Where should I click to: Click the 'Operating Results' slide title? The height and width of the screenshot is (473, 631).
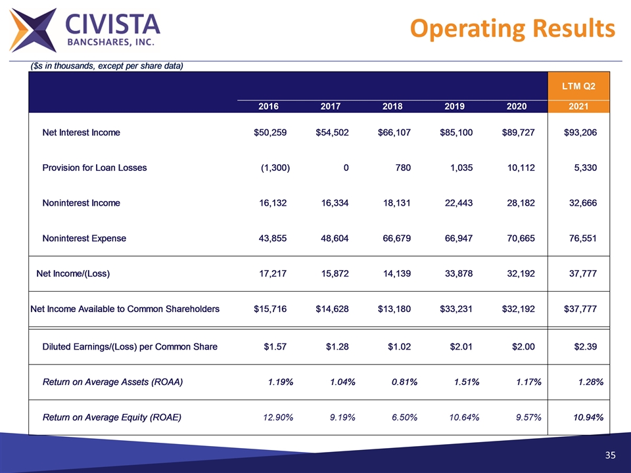(513, 28)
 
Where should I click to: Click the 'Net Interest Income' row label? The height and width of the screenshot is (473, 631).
(81, 132)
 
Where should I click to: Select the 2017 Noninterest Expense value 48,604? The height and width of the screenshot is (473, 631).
(332, 238)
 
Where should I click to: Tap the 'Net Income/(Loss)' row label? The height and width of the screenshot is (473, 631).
(72, 274)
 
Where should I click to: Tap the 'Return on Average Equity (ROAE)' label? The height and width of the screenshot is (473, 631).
(112, 417)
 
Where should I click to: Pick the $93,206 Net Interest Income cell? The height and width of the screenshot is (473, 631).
(580, 132)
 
